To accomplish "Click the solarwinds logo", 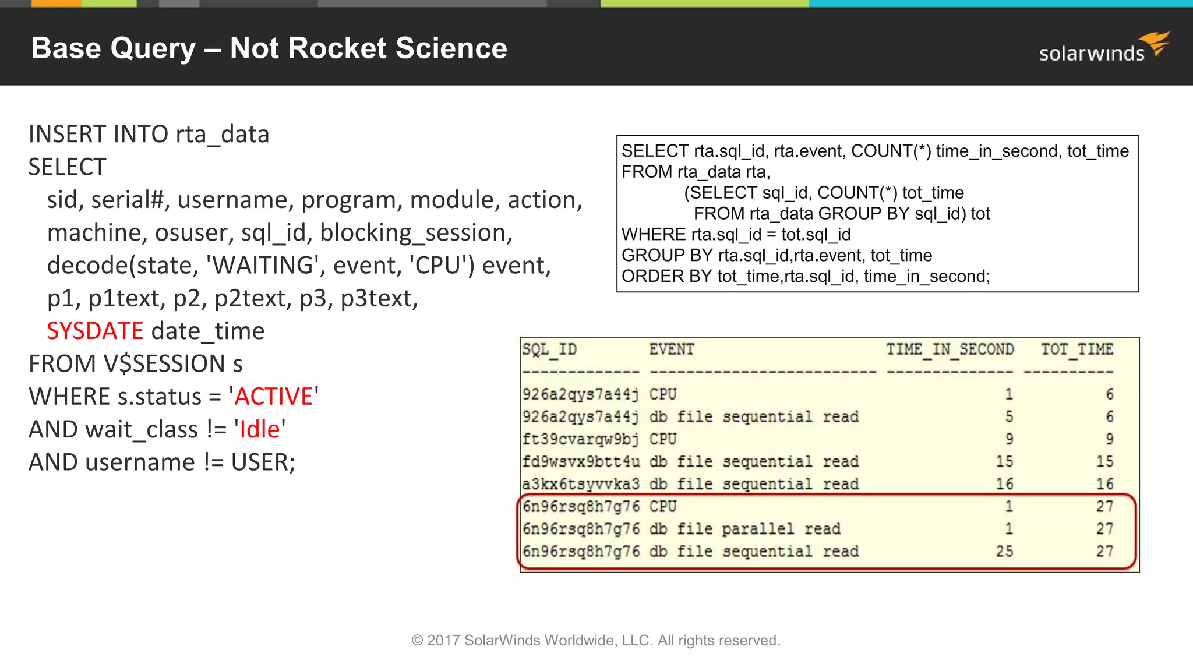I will click(x=1103, y=49).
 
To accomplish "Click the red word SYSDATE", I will click(x=95, y=331).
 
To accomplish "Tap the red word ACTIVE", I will click(x=274, y=397).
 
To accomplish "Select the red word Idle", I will click(x=260, y=429).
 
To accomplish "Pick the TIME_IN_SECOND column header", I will click(x=950, y=349).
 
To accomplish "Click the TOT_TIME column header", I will click(x=1077, y=349).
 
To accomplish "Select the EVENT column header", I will click(x=672, y=349).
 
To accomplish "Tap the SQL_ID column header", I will click(x=549, y=349).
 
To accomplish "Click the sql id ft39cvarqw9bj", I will click(x=581, y=439).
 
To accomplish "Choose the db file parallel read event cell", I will click(x=745, y=529).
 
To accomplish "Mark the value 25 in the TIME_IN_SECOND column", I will click(x=1004, y=551).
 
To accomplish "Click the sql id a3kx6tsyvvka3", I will click(x=581, y=484).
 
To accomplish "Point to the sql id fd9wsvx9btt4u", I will click(x=581, y=461).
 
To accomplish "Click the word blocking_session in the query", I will click(x=415, y=233).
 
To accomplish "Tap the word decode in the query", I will click(x=87, y=266).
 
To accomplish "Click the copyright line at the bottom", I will click(x=596, y=640).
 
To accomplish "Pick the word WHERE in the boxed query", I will click(x=654, y=235).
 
